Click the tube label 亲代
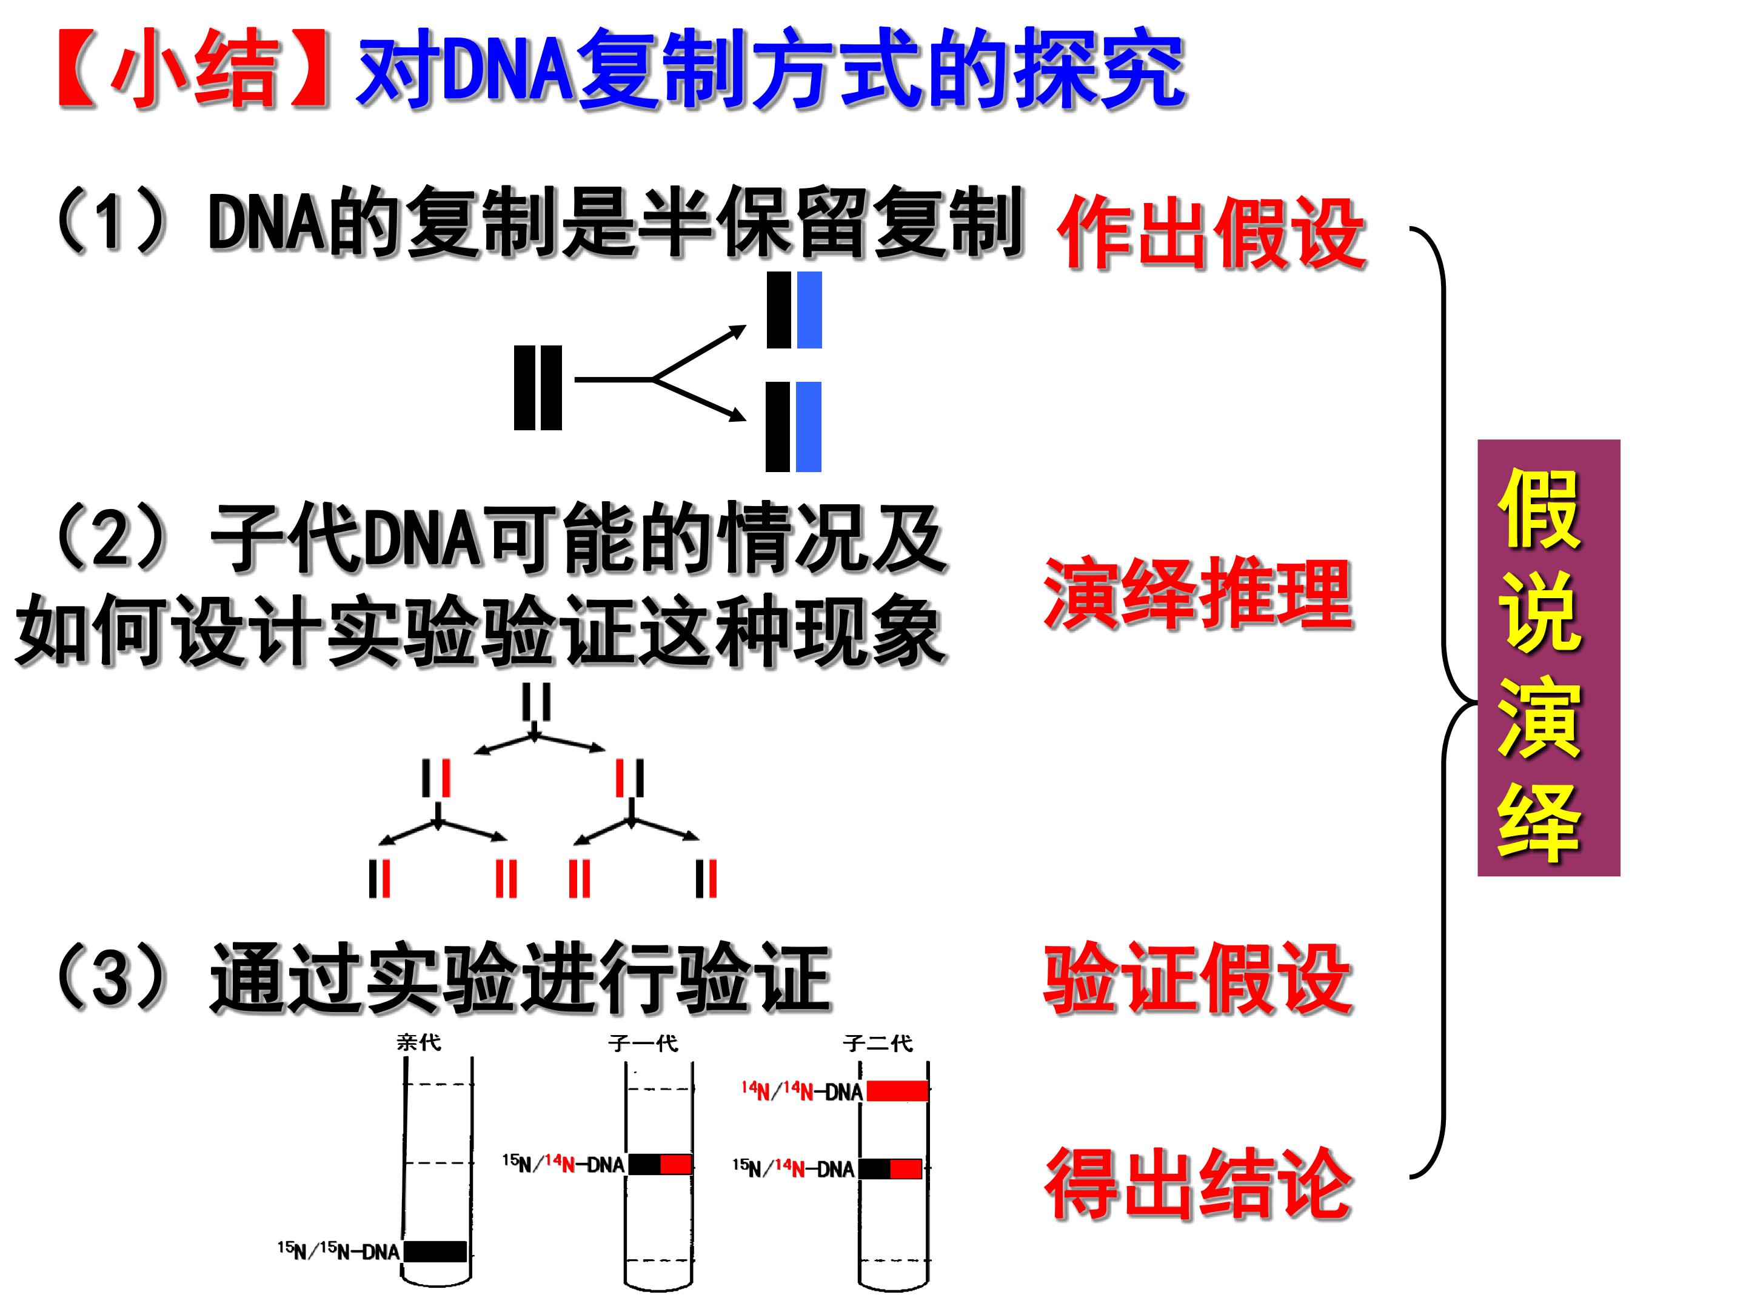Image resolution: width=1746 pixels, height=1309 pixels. [418, 1042]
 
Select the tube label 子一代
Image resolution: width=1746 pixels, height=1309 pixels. [643, 1043]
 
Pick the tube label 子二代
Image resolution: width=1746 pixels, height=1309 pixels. [877, 1043]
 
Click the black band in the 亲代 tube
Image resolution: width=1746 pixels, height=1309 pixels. [435, 1251]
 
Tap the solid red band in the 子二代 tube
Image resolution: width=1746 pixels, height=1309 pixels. [897, 1090]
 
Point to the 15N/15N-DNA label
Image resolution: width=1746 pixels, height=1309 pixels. [338, 1251]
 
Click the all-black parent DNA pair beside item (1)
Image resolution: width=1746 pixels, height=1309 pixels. [538, 387]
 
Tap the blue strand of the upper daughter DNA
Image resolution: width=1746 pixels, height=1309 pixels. [810, 310]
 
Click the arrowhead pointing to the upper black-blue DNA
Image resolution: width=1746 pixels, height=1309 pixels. [738, 332]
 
